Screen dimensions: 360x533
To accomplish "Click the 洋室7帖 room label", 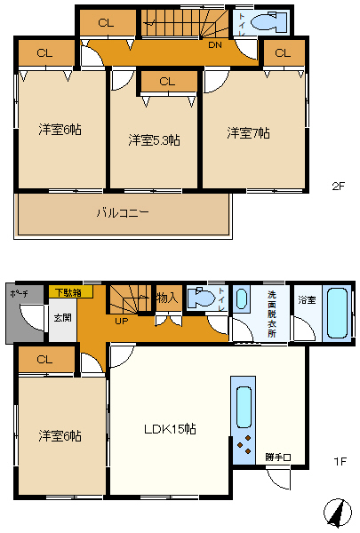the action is pyautogui.click(x=248, y=133).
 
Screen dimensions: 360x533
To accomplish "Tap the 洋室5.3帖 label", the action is pyautogui.click(x=154, y=139).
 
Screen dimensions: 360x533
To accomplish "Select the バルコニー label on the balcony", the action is pyautogui.click(x=123, y=213).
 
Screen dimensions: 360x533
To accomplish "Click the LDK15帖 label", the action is pyautogui.click(x=170, y=429).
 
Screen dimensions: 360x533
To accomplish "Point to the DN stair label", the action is pyautogui.click(x=215, y=45).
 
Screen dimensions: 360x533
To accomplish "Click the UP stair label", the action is pyautogui.click(x=122, y=321).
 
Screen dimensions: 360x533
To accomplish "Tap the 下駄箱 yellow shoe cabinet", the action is pyautogui.click(x=70, y=292).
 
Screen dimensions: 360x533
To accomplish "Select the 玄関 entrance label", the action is pyautogui.click(x=63, y=317).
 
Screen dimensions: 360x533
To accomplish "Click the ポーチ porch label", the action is pyautogui.click(x=20, y=294).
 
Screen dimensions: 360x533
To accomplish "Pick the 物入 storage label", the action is pyautogui.click(x=167, y=298).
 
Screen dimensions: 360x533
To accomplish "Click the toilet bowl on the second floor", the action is pyautogui.click(x=268, y=21).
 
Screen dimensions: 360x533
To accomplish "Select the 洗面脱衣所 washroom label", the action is pyautogui.click(x=271, y=314).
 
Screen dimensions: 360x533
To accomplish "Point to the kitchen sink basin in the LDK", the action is pyautogui.click(x=244, y=407).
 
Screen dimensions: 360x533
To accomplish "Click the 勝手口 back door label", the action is pyautogui.click(x=278, y=457).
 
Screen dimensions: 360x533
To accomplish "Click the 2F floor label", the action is pyautogui.click(x=339, y=186).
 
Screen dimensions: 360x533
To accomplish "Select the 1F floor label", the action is pyautogui.click(x=340, y=461).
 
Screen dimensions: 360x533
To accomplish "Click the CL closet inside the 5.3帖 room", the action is pyautogui.click(x=167, y=82).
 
